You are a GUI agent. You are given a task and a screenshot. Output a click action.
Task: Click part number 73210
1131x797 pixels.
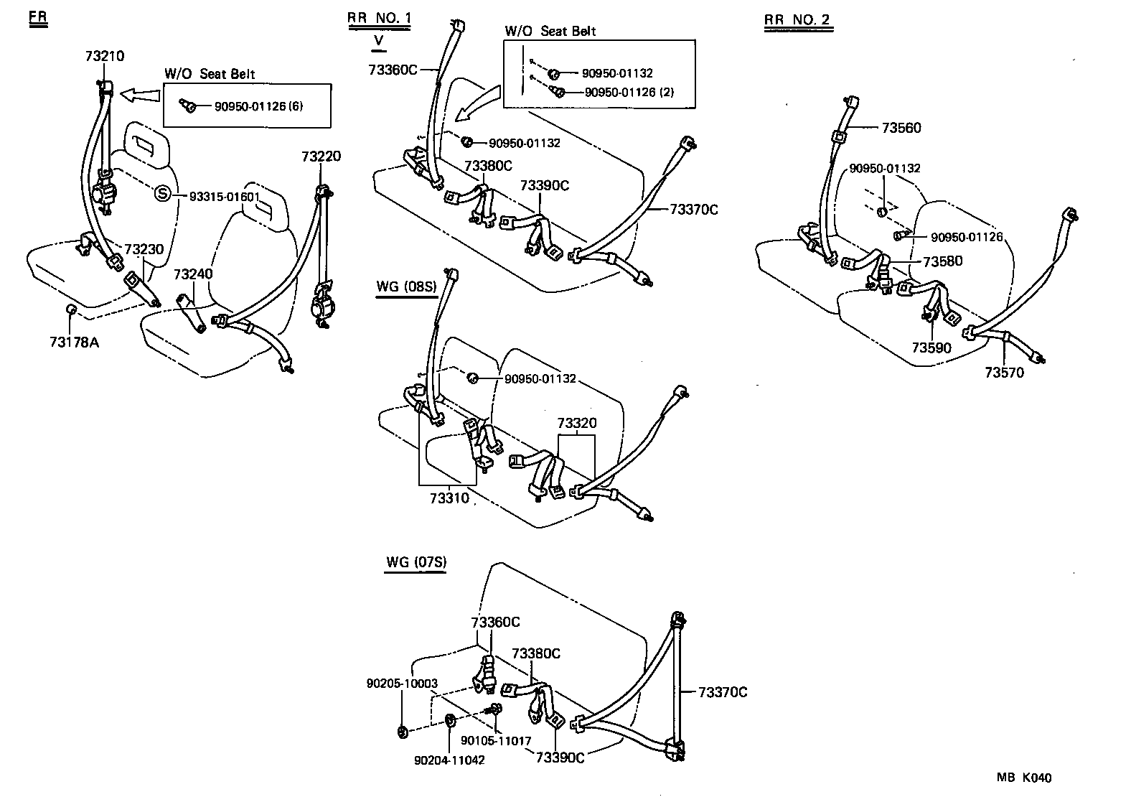105,56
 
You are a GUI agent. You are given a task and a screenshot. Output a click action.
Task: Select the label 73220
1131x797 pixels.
321,157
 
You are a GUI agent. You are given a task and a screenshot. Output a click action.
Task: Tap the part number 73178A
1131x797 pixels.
74,342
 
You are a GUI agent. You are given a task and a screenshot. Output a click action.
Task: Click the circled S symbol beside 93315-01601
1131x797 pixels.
163,193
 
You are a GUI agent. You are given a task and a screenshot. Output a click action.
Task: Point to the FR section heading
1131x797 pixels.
38,19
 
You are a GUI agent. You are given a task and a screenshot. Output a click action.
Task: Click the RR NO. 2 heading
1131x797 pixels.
797,20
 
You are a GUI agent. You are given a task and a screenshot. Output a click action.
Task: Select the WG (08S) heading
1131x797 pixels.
406,287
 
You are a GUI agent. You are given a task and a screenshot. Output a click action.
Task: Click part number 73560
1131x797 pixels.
901,128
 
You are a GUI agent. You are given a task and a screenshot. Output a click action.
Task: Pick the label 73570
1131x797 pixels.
1004,373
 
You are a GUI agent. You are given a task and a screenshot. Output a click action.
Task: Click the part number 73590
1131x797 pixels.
931,348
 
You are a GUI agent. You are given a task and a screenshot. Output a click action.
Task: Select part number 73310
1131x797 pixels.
449,498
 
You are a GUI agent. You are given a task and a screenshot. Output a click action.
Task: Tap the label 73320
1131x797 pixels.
577,423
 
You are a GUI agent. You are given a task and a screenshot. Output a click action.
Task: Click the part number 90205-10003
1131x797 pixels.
402,684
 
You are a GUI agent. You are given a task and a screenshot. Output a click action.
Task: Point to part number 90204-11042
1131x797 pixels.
449,760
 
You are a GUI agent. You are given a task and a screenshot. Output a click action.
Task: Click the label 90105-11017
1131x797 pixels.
496,741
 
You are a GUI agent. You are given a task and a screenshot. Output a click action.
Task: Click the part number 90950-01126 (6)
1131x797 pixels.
258,106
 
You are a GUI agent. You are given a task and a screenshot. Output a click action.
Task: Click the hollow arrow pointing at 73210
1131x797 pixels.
140,93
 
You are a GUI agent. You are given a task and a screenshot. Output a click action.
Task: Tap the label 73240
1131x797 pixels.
193,274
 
